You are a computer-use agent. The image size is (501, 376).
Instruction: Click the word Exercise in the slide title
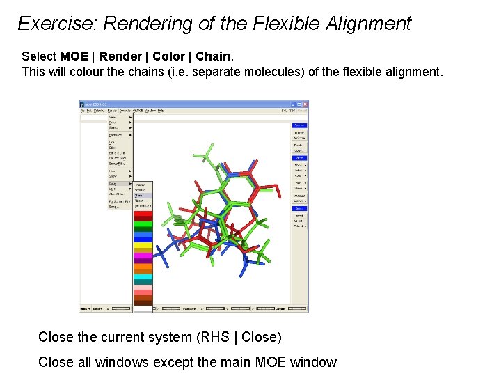pyautogui.click(x=56, y=24)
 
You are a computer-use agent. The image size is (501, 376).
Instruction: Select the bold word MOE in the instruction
pyautogui.click(x=74, y=56)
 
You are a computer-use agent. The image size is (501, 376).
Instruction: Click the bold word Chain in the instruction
pyautogui.click(x=213, y=56)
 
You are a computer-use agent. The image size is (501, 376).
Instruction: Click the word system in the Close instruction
pyautogui.click(x=165, y=338)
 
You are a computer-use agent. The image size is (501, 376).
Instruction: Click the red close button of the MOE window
pyautogui.click(x=304, y=104)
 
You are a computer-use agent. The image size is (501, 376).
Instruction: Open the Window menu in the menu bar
pyautogui.click(x=150, y=111)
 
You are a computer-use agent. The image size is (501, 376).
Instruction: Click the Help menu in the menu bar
pyautogui.click(x=161, y=111)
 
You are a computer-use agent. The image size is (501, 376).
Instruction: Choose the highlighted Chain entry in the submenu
pyautogui.click(x=139, y=195)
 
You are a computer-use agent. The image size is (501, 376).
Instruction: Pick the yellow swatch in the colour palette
pyautogui.click(x=143, y=244)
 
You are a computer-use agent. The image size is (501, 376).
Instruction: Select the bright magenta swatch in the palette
pyautogui.click(x=143, y=256)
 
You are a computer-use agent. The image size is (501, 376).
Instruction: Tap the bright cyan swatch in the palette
pyautogui.click(x=143, y=276)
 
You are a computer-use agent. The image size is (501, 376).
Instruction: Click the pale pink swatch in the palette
pyautogui.click(x=143, y=287)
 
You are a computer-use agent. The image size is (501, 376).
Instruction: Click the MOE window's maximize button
pyautogui.click(x=299, y=104)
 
